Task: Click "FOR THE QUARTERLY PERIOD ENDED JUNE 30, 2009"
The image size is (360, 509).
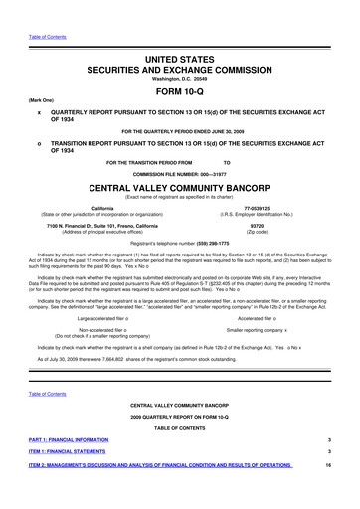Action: point(179,130)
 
